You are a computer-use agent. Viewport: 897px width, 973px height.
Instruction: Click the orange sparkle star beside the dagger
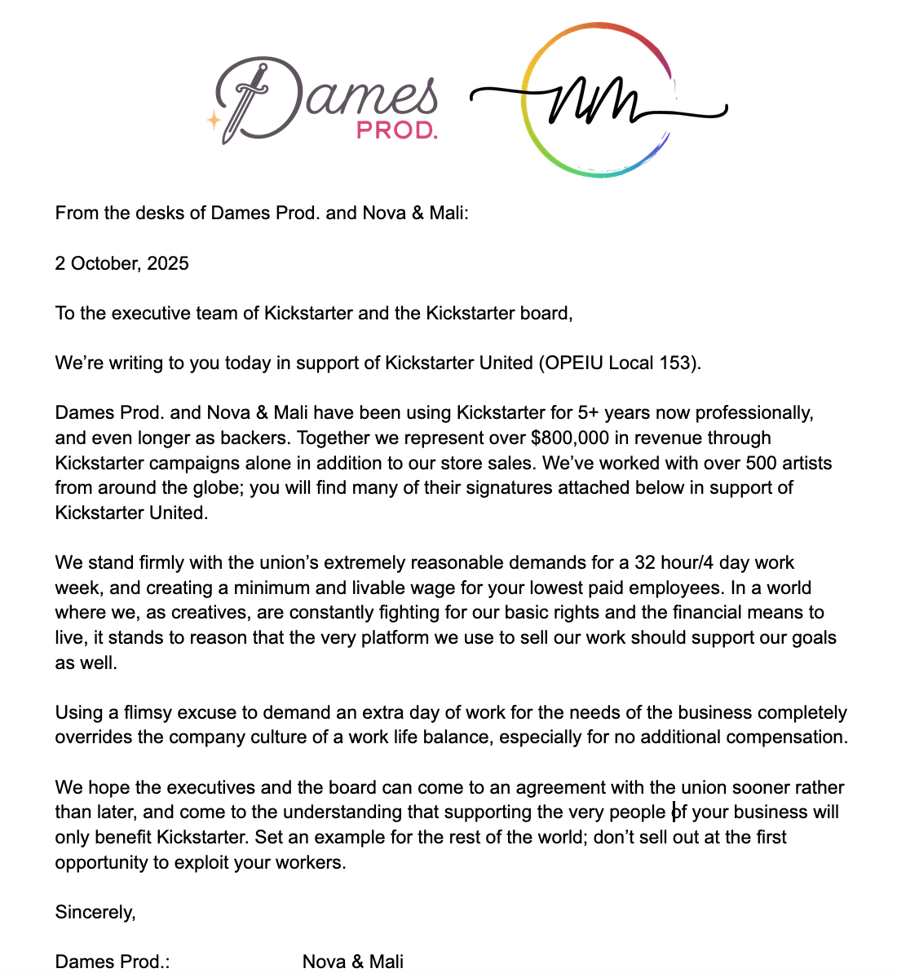214,120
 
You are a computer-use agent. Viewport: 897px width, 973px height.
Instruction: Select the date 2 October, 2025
122,263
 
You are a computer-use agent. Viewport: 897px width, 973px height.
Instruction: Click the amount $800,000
569,438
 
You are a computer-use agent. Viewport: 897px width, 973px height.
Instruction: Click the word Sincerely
95,912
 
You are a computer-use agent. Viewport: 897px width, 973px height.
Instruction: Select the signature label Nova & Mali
353,962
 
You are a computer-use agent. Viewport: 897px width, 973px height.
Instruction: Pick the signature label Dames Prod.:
113,962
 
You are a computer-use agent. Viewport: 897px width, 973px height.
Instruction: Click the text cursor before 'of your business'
674,812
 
